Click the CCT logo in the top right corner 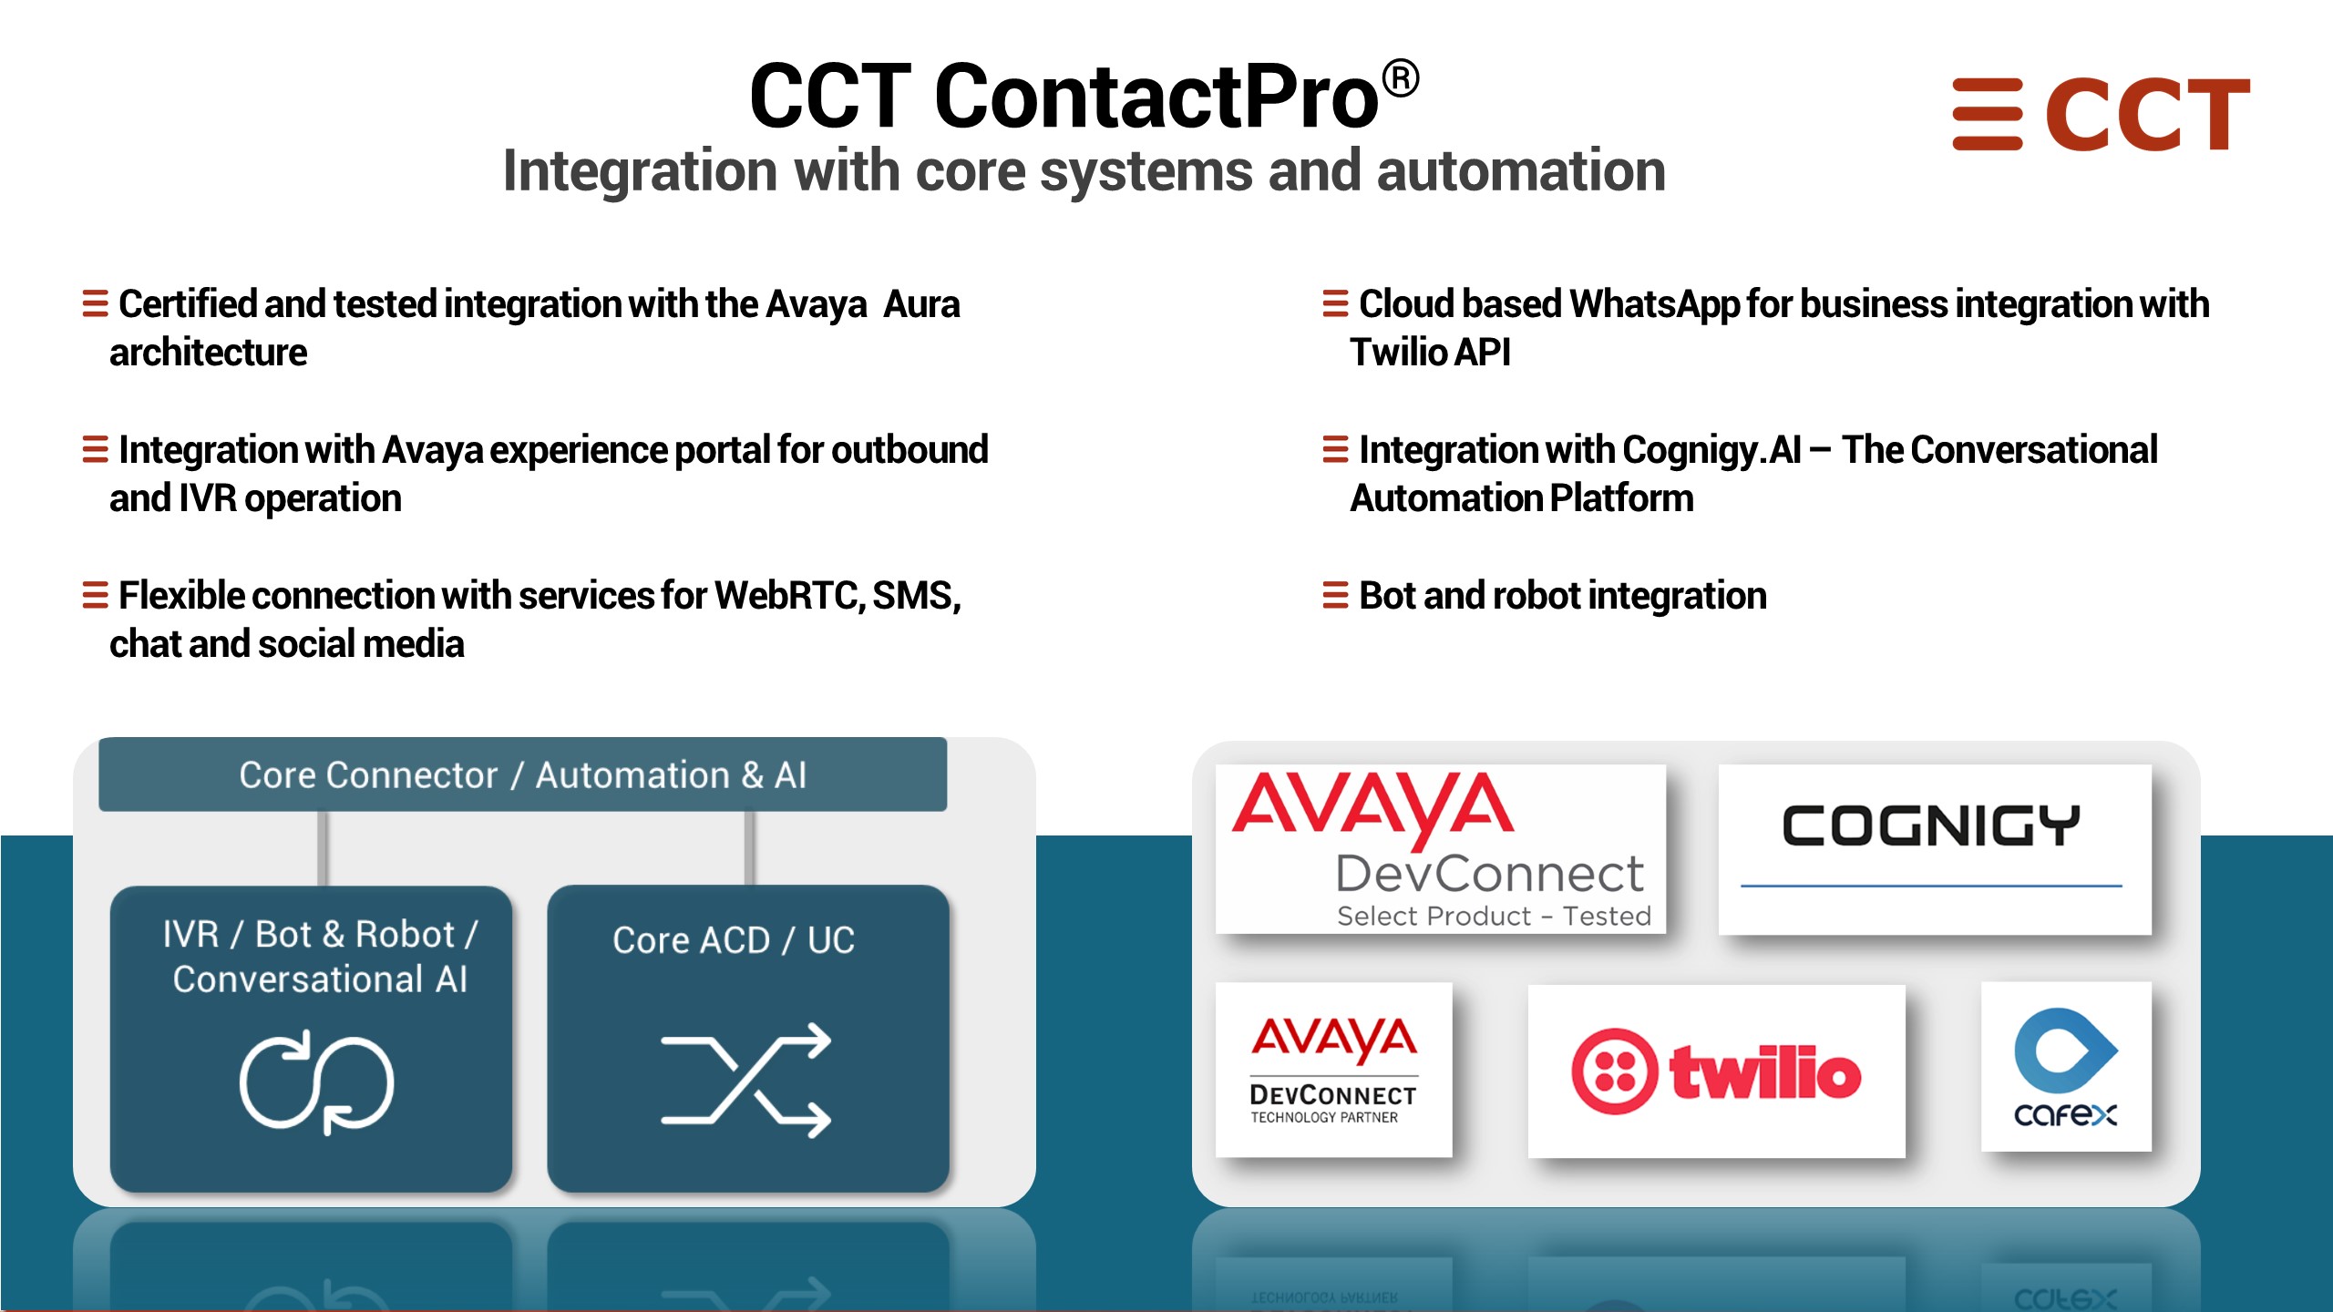(x=2101, y=114)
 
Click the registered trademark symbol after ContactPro (x=1401, y=78)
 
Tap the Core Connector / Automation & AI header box (x=522, y=774)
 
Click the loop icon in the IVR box (x=316, y=1082)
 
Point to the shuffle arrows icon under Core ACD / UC (x=745, y=1080)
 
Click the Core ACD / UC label (x=734, y=939)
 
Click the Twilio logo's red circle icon (x=1614, y=1071)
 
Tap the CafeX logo (x=2066, y=1067)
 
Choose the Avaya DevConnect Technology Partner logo (x=1333, y=1070)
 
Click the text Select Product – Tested (x=1494, y=916)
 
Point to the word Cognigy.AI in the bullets (x=1711, y=450)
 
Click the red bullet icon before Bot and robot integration (x=1335, y=595)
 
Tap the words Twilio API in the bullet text (x=1430, y=353)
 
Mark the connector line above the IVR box (x=323, y=848)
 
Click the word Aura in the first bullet (x=921, y=304)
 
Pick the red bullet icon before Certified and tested (x=95, y=303)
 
